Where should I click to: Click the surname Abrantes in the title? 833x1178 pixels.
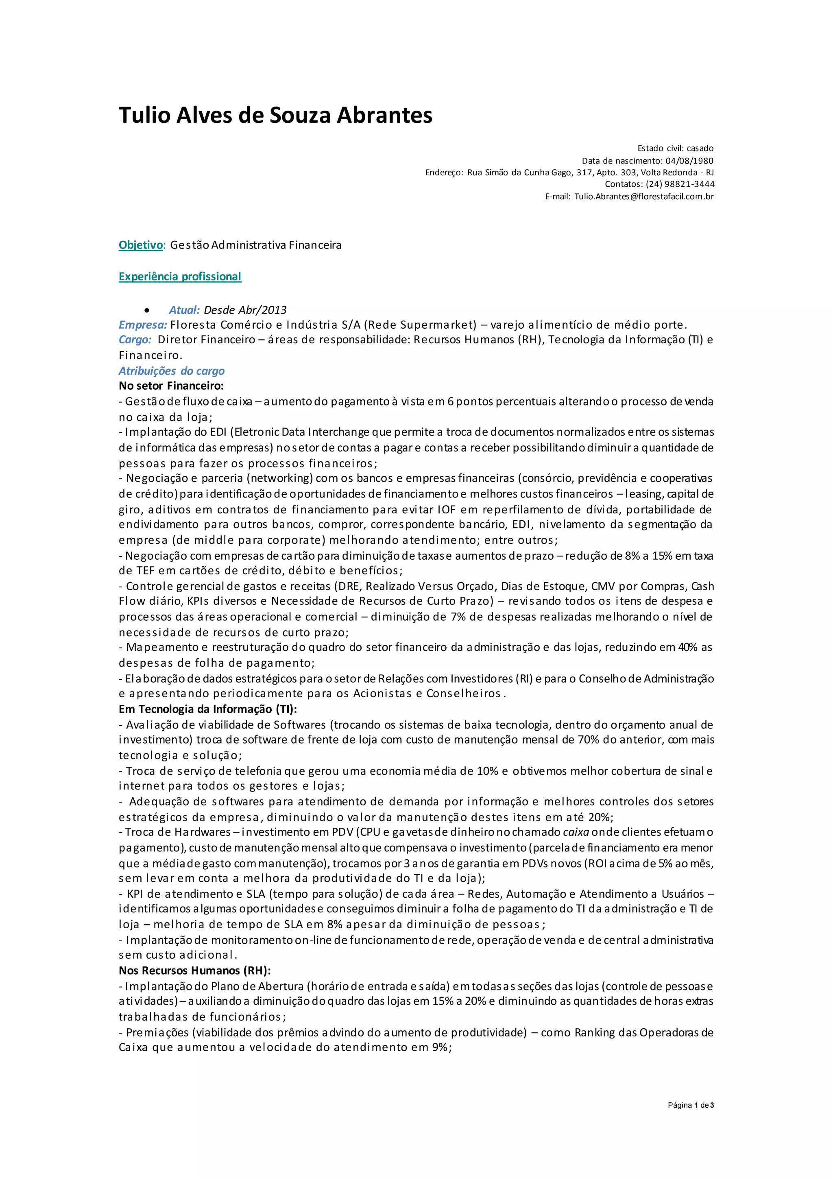(x=384, y=116)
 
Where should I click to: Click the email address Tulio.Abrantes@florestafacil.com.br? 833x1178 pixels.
(x=644, y=196)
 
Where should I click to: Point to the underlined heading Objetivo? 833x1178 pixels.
(x=141, y=245)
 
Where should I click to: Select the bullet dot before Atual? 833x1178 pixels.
(x=147, y=310)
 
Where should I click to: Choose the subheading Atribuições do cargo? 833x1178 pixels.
(x=171, y=371)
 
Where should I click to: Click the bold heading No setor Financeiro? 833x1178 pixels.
(x=171, y=386)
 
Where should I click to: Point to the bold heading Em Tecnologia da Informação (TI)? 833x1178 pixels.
(x=208, y=709)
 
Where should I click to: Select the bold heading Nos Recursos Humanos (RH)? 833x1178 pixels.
(x=194, y=970)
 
